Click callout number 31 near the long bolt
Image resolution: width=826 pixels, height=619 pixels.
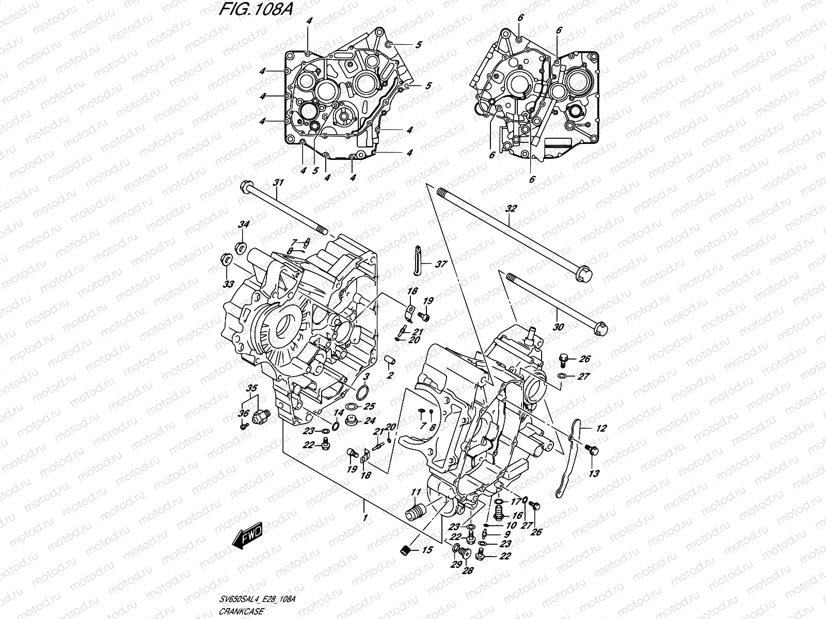(x=279, y=183)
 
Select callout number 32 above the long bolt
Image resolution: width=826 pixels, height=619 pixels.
(x=511, y=209)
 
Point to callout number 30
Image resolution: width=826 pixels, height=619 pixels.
(x=558, y=327)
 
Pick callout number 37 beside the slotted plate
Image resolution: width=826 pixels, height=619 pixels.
(x=440, y=265)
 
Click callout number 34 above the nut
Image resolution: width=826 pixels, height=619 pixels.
(x=244, y=224)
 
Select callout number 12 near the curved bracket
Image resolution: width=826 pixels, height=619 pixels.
(x=601, y=428)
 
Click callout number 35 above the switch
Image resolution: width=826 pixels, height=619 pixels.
(x=251, y=388)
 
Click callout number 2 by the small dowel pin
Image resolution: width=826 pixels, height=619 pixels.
(x=391, y=375)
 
